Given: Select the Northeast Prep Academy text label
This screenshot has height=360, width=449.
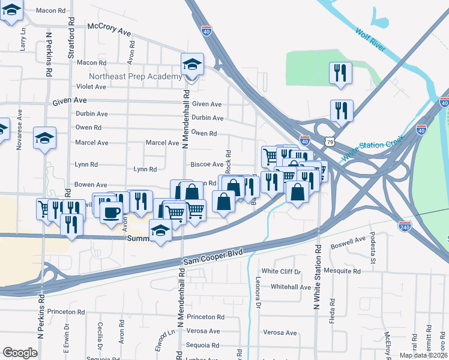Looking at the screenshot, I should point(135,77).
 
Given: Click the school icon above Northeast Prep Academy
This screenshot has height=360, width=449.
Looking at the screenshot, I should point(192,65).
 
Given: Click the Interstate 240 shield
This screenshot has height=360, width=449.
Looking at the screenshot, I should point(404,226).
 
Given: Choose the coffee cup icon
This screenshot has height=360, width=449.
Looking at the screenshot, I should point(111,213).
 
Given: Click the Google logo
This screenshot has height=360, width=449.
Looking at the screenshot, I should point(20,353).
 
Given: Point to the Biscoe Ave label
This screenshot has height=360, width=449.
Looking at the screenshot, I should point(206,164).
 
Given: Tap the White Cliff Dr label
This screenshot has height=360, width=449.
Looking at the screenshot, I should point(280,271).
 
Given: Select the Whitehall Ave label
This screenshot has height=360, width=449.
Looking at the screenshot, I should point(291,287).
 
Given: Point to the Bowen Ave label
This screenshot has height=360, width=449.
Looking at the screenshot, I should point(91,185).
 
